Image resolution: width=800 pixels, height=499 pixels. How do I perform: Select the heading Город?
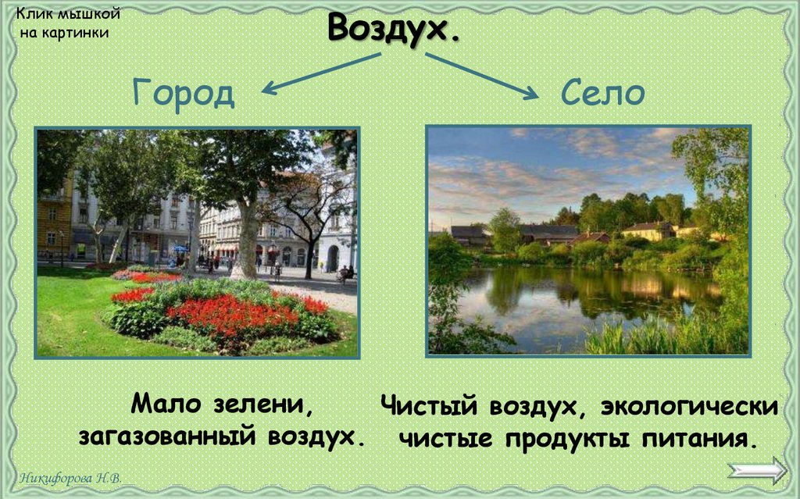184,94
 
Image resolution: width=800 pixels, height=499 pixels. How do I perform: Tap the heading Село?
602,94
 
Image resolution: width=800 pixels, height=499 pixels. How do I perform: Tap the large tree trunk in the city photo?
248,242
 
